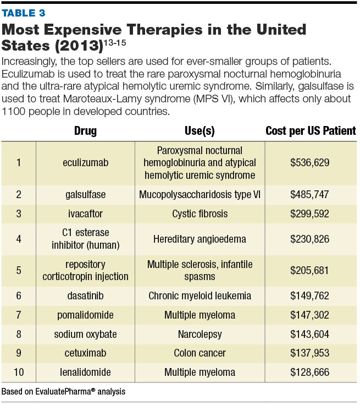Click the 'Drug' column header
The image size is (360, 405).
click(85, 131)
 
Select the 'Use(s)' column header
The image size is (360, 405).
click(200, 131)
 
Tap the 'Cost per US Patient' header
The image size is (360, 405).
click(311, 131)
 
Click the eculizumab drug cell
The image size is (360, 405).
click(85, 163)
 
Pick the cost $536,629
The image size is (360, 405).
click(311, 163)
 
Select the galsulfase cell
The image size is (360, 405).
click(85, 194)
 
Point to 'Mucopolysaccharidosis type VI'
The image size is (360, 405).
click(200, 194)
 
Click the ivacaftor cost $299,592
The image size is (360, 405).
click(311, 213)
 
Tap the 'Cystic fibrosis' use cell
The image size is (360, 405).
click(200, 213)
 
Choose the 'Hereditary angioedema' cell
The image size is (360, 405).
click(200, 239)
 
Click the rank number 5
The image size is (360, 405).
click(19, 270)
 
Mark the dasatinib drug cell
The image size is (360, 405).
click(85, 296)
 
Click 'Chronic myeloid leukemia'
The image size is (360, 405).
click(200, 296)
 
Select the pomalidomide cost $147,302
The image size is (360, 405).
click(311, 315)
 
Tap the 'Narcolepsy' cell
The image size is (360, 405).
click(200, 335)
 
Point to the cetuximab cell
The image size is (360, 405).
click(85, 354)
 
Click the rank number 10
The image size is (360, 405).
click(19, 373)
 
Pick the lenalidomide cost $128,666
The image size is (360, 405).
click(311, 373)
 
